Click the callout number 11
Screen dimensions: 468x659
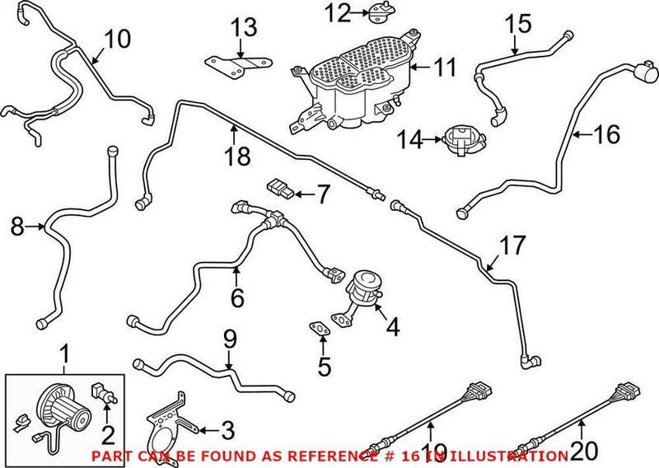pyautogui.click(x=445, y=68)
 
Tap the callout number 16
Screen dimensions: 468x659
pyautogui.click(x=606, y=133)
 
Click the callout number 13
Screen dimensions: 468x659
pyautogui.click(x=244, y=28)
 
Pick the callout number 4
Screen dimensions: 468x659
pyautogui.click(x=392, y=327)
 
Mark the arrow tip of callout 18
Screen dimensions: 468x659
pyautogui.click(x=234, y=125)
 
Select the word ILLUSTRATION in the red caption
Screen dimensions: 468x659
pyautogui.click(x=528, y=456)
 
